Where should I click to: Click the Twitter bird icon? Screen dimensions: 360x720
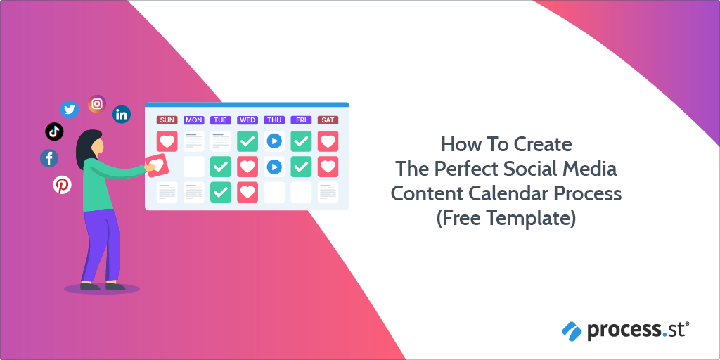(69, 109)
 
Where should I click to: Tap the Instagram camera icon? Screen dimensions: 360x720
(97, 104)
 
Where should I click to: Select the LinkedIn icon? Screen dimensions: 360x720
(122, 114)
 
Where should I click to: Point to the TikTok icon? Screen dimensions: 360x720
(54, 131)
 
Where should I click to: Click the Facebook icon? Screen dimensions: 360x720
(49, 158)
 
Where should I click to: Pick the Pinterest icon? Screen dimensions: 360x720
(63, 185)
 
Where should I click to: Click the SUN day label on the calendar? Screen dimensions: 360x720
(167, 120)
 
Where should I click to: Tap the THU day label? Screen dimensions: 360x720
(274, 120)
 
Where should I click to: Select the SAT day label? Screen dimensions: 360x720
(328, 120)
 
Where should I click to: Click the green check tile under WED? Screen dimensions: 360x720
(247, 141)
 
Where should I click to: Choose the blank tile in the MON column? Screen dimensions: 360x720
(194, 167)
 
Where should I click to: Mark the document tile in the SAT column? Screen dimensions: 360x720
(328, 192)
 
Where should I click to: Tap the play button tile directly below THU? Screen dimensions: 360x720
(274, 141)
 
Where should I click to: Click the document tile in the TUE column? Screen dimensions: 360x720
(221, 141)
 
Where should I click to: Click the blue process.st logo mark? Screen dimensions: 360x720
(571, 328)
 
